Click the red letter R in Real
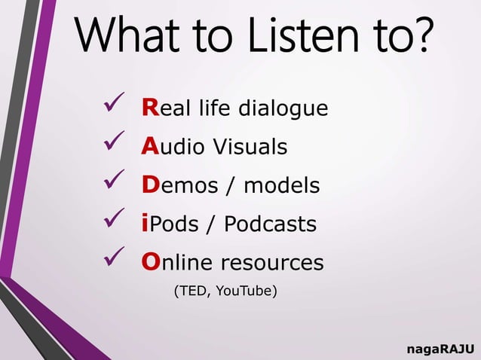[149, 108]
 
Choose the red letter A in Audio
[149, 146]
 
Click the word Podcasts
[270, 224]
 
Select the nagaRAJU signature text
[440, 349]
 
